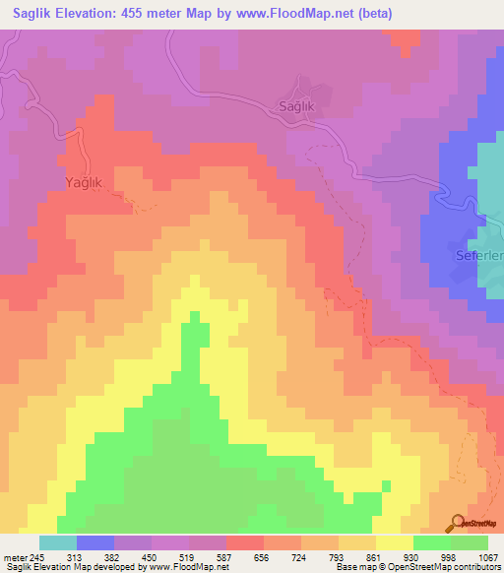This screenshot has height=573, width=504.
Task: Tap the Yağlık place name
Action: click(x=86, y=182)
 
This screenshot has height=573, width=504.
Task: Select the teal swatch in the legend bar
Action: click(x=58, y=542)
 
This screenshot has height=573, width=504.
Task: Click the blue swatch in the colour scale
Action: click(x=95, y=542)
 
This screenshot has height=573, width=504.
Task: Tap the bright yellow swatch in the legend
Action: click(x=395, y=542)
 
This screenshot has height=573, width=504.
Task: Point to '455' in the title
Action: click(x=162, y=14)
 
